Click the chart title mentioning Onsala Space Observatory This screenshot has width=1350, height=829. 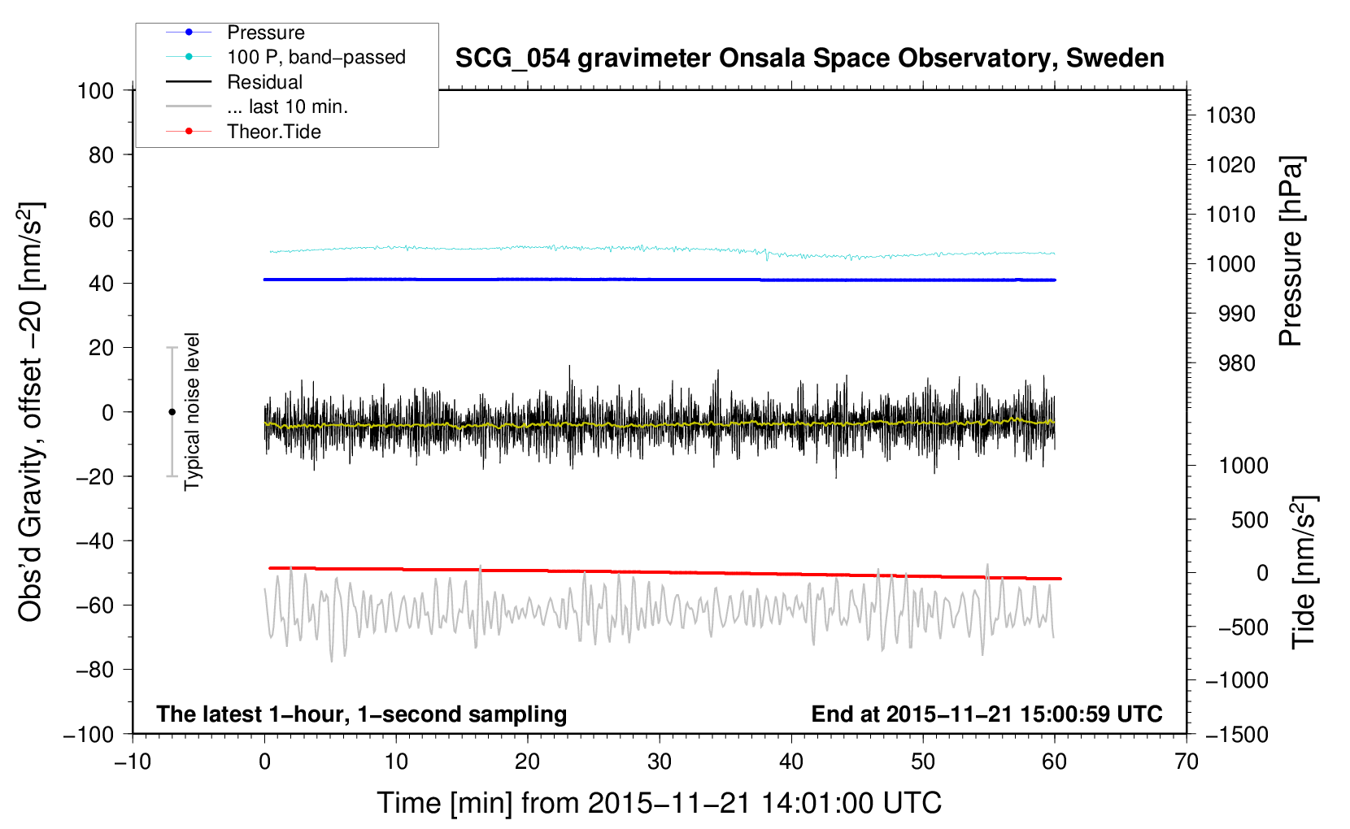(x=809, y=59)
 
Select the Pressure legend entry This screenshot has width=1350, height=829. (x=266, y=33)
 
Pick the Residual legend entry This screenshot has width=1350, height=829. (x=264, y=82)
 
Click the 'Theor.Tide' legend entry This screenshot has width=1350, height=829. (x=273, y=132)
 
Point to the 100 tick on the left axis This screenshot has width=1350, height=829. (x=95, y=91)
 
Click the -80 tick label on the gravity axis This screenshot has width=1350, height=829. (x=94, y=670)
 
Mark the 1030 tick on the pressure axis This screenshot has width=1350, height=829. (x=1230, y=115)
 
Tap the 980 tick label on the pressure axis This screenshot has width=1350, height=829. (x=1237, y=363)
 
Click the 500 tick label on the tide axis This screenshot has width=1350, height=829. (x=1250, y=520)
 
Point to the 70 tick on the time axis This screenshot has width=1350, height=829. (x=1187, y=762)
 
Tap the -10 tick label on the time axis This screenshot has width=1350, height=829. (x=133, y=762)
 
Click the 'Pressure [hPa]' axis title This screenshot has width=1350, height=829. (x=1291, y=251)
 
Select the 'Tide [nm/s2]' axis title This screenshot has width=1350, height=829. (x=1304, y=572)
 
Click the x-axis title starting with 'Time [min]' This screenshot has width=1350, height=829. (x=659, y=804)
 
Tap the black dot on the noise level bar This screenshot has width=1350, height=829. (x=172, y=412)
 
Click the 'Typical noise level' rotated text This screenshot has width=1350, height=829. (x=191, y=411)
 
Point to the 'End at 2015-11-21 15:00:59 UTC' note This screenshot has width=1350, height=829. (x=986, y=714)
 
